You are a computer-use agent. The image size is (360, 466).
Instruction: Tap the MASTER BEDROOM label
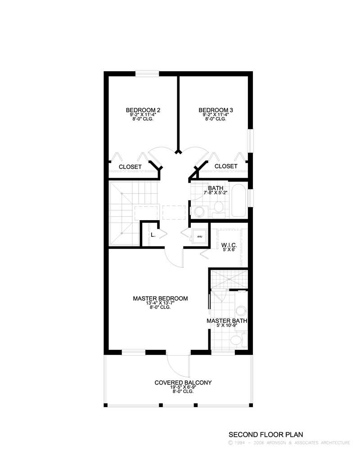pyautogui.click(x=160, y=299)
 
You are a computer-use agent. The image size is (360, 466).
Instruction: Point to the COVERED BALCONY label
pyautogui.click(x=183, y=383)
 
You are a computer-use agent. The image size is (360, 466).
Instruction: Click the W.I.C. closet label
pyautogui.click(x=228, y=245)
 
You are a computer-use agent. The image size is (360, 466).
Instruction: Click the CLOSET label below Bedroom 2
pyautogui.click(x=130, y=167)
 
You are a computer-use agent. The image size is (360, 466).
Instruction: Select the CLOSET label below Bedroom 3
pyautogui.click(x=226, y=167)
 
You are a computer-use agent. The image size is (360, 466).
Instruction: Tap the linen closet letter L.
pyautogui.click(x=153, y=235)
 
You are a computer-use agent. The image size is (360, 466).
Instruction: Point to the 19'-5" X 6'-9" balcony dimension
pyautogui.click(x=183, y=387)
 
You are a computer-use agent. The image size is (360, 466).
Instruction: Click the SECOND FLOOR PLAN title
pyautogui.click(x=266, y=435)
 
